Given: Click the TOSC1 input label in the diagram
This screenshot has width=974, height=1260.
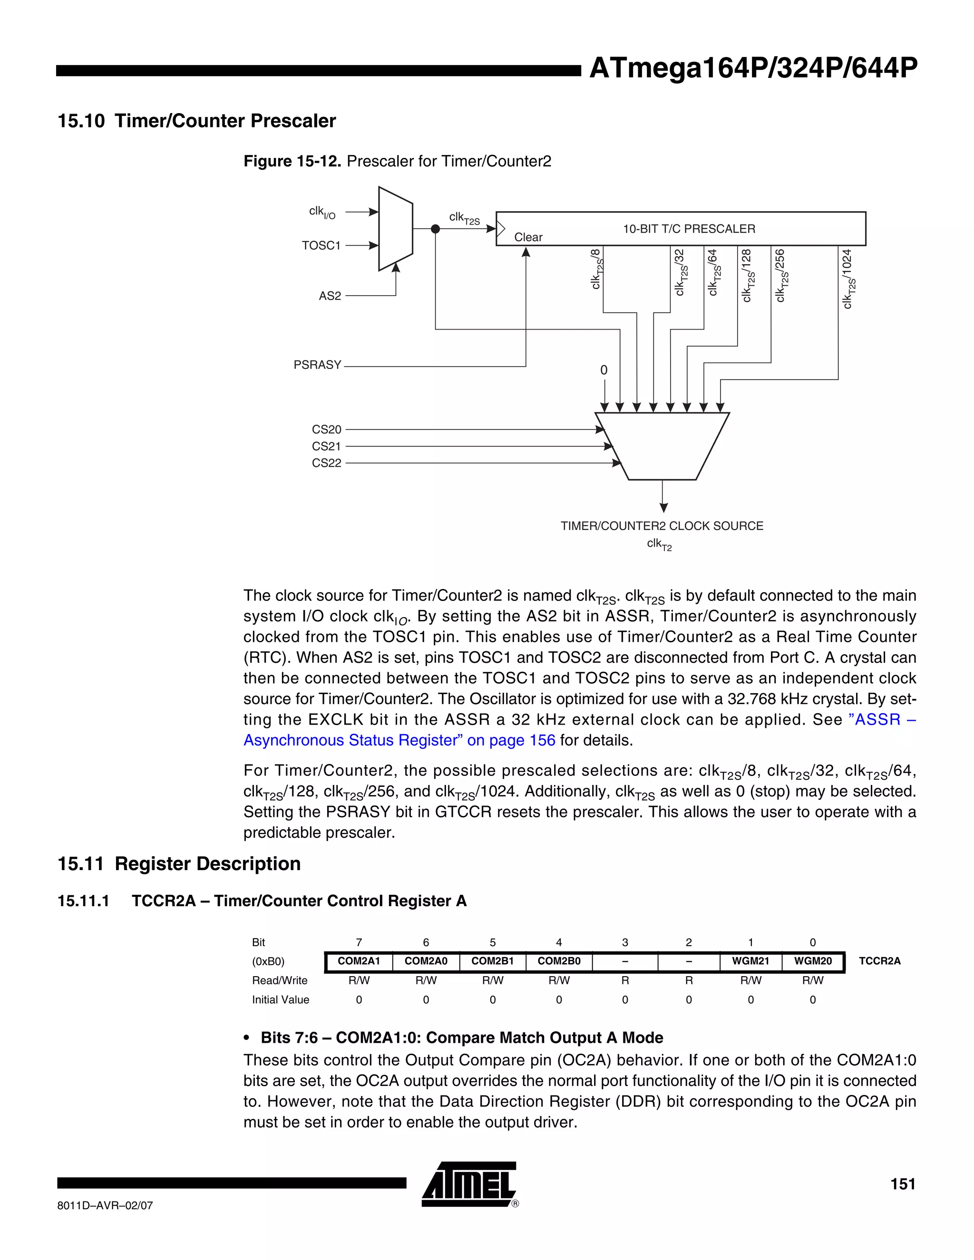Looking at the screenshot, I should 321,246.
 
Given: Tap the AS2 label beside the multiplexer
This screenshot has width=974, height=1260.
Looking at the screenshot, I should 330,296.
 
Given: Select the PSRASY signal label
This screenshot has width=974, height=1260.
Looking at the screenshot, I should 317,365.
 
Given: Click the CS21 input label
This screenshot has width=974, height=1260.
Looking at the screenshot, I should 326,446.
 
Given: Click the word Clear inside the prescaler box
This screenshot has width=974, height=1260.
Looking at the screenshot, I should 528,237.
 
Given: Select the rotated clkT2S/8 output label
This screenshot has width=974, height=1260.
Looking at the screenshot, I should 597,269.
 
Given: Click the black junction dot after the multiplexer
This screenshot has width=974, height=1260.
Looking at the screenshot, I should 436,229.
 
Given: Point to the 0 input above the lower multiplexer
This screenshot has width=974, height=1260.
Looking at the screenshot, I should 604,370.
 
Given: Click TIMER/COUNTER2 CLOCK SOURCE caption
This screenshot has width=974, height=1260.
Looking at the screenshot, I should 662,526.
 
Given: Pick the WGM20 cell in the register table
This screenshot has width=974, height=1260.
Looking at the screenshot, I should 812,961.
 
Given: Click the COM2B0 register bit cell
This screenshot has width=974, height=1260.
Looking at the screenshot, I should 558,961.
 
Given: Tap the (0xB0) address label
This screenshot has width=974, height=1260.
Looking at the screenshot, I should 268,962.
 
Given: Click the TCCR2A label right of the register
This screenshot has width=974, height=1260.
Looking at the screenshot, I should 879,961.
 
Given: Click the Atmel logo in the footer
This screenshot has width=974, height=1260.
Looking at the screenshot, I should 469,1184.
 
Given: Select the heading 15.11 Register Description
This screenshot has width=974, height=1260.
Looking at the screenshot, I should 179,864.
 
